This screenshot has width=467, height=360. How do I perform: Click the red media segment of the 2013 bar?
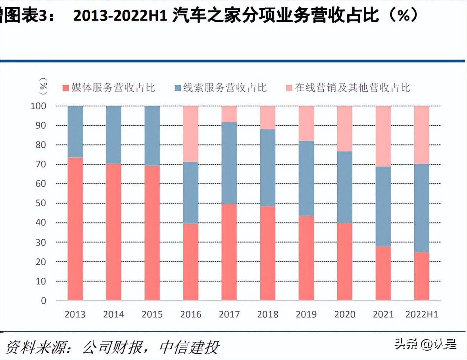click(75, 229)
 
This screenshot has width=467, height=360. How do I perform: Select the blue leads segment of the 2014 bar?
click(114, 135)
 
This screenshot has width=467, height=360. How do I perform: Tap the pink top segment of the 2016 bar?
click(191, 134)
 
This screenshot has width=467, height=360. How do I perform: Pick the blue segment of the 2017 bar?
click(229, 163)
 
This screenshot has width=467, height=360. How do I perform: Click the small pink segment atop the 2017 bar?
click(229, 114)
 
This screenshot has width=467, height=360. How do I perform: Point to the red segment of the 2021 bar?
click(383, 273)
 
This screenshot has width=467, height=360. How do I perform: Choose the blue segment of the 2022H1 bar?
click(421, 208)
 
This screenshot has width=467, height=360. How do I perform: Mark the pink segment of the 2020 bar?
click(345, 129)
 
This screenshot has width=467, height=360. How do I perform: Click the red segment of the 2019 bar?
click(306, 258)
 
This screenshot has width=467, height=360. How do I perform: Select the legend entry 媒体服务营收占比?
click(109, 88)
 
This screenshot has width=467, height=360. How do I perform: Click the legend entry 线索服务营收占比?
click(221, 88)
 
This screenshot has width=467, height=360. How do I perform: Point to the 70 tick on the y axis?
click(41, 165)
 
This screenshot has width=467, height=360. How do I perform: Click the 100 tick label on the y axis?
click(38, 106)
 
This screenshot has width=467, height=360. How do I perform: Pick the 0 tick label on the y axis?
click(43, 301)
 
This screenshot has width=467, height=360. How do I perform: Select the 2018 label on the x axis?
click(268, 314)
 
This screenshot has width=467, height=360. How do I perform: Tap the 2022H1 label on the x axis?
click(422, 314)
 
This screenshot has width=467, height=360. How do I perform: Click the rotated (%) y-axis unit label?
click(43, 86)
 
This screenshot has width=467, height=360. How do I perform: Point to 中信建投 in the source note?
click(189, 347)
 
